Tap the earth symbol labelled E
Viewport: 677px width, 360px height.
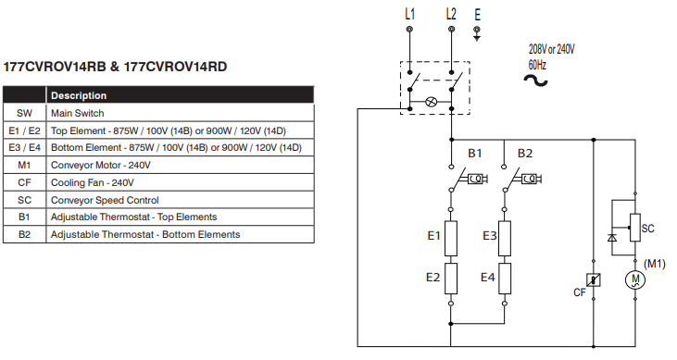coord(477,34)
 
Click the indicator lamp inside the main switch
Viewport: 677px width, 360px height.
coord(431,101)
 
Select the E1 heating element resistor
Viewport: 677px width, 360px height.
coord(452,238)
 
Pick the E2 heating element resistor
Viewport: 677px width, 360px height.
coord(452,278)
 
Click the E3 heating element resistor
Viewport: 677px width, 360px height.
coord(505,238)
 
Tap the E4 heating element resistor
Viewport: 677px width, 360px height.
coord(505,278)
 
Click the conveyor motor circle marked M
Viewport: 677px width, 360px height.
coord(633,279)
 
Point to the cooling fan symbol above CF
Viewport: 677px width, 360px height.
coord(594,279)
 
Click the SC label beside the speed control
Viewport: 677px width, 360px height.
coord(648,228)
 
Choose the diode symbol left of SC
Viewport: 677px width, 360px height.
coord(611,238)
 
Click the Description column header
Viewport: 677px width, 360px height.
coord(79,95)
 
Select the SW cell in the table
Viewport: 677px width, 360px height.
coord(24,113)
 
